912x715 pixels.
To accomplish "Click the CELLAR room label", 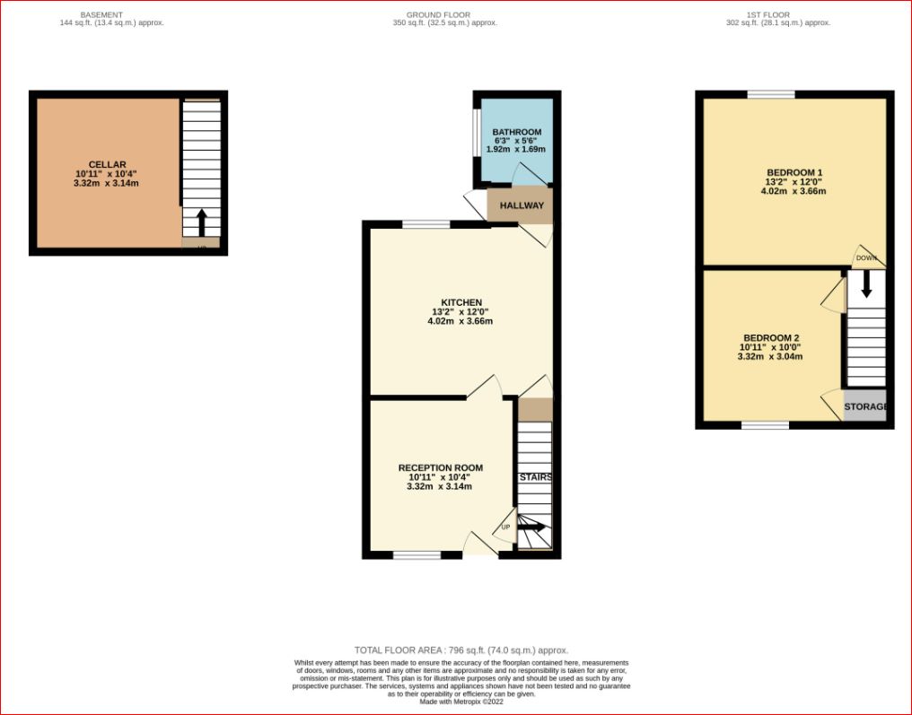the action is pos(107,164).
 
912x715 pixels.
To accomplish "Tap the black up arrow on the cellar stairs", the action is pos(201,222).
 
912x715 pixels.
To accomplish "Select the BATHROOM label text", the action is pos(516,132).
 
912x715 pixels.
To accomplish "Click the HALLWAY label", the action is pos(522,205).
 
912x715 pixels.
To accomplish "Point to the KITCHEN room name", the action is pos(461,302).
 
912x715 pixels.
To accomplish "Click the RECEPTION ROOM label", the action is pos(441,468).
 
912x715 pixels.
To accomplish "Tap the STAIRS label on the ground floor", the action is pos(535,477).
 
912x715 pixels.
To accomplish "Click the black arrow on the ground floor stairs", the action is pos(531,528).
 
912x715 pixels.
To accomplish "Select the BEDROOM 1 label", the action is pos(794,172).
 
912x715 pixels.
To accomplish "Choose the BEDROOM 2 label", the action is pos(771,337).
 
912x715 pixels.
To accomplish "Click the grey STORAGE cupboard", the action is pos(865,405).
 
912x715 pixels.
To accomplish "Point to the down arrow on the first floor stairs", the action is pos(866,285).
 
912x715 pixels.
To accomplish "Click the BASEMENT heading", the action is pos(101,14).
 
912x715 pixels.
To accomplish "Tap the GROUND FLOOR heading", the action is pos(439,14).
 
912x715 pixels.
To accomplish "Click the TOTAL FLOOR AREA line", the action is pos(461,650).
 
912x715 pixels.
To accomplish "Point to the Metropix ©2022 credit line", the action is pos(461,702).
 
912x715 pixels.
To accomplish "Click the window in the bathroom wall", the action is pos(477,133).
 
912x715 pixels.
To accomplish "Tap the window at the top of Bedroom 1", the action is pos(771,95).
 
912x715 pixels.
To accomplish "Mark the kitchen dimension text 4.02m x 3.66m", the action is pos(460,321).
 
